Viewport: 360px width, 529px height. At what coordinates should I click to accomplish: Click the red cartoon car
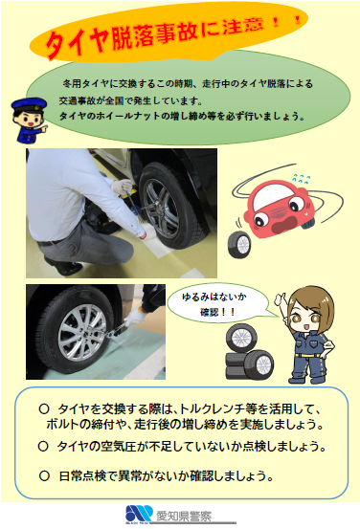pyautogui.click(x=281, y=210)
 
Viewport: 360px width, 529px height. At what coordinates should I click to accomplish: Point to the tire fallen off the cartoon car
pyautogui.click(x=239, y=245)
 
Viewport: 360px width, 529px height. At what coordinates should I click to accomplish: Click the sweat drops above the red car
pyautogui.click(x=302, y=179)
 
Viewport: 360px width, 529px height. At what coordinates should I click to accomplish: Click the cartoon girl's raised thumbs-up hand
pyautogui.click(x=280, y=299)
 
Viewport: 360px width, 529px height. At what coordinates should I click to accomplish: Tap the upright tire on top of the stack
pyautogui.click(x=241, y=338)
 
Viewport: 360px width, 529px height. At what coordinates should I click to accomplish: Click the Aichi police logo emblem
pyautogui.click(x=139, y=514)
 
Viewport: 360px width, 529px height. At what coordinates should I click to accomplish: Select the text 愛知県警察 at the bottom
pyautogui.click(x=184, y=516)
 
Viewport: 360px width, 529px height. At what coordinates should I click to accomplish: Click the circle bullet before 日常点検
pyautogui.click(x=44, y=476)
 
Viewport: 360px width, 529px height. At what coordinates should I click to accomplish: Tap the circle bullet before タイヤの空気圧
pyautogui.click(x=43, y=447)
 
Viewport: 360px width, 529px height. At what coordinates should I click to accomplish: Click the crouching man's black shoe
pyautogui.click(x=63, y=267)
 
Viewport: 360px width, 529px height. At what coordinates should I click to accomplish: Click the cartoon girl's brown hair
pyautogui.click(x=312, y=305)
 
